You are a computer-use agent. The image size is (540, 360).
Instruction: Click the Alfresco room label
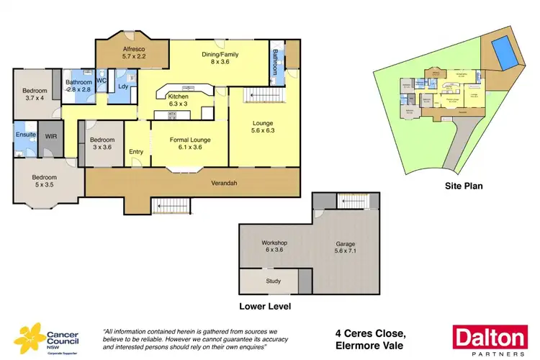(x=134, y=50)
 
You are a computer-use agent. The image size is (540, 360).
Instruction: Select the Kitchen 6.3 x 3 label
(x=177, y=101)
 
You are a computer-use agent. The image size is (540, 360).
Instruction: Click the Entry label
(x=136, y=152)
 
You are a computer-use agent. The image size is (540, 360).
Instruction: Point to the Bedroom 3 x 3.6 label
(x=102, y=143)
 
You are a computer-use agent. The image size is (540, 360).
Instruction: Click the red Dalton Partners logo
(x=487, y=339)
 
